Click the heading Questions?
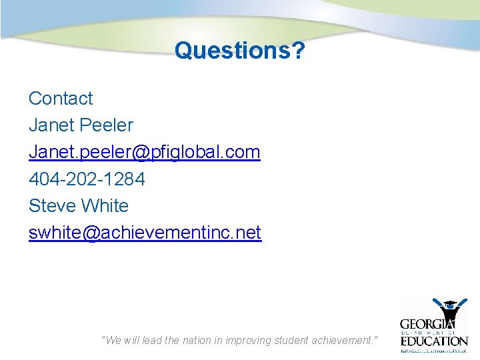(x=239, y=51)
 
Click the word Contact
(x=61, y=99)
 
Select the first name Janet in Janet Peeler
(x=51, y=125)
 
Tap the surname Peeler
(x=106, y=125)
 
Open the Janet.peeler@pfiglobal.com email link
(x=144, y=152)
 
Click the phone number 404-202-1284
(x=87, y=179)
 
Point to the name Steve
(x=53, y=206)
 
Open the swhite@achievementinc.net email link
(x=145, y=233)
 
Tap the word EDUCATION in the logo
(x=434, y=340)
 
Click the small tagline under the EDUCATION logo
(x=434, y=350)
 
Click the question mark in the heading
(x=297, y=51)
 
